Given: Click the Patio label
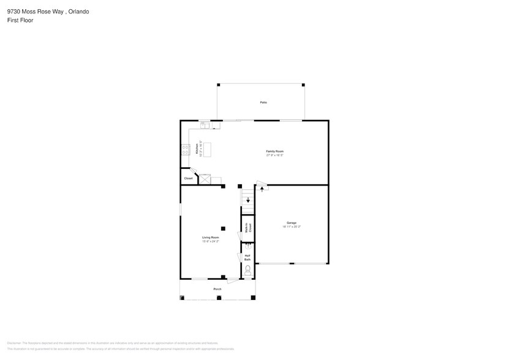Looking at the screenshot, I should pyautogui.click(x=263, y=102).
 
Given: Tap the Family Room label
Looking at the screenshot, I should pyautogui.click(x=274, y=151).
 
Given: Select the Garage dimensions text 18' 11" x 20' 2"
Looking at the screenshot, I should pyautogui.click(x=292, y=227).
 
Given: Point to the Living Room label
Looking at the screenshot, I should pyautogui.click(x=211, y=238).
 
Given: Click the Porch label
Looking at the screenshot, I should pyautogui.click(x=217, y=289).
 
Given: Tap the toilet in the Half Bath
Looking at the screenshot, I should pyautogui.click(x=248, y=269).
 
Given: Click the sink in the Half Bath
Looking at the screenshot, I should pyautogui.click(x=248, y=246).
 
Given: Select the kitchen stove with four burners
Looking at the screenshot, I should pyautogui.click(x=184, y=150).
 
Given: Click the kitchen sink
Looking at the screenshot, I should pyautogui.click(x=206, y=125).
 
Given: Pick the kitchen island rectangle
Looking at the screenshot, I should pyautogui.click(x=207, y=149).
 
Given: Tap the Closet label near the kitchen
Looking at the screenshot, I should pyautogui.click(x=188, y=178).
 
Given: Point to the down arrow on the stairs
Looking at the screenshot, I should pyautogui.click(x=247, y=199).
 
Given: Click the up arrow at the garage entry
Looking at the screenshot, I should pyautogui.click(x=263, y=189).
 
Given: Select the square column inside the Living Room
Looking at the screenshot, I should pyautogui.click(x=223, y=228).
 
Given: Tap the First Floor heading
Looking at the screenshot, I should pyautogui.click(x=20, y=20).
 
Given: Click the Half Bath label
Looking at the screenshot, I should pyautogui.click(x=247, y=258).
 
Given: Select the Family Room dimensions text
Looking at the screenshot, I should pyautogui.click(x=274, y=155).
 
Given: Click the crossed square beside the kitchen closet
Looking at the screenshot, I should pyautogui.click(x=205, y=179).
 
